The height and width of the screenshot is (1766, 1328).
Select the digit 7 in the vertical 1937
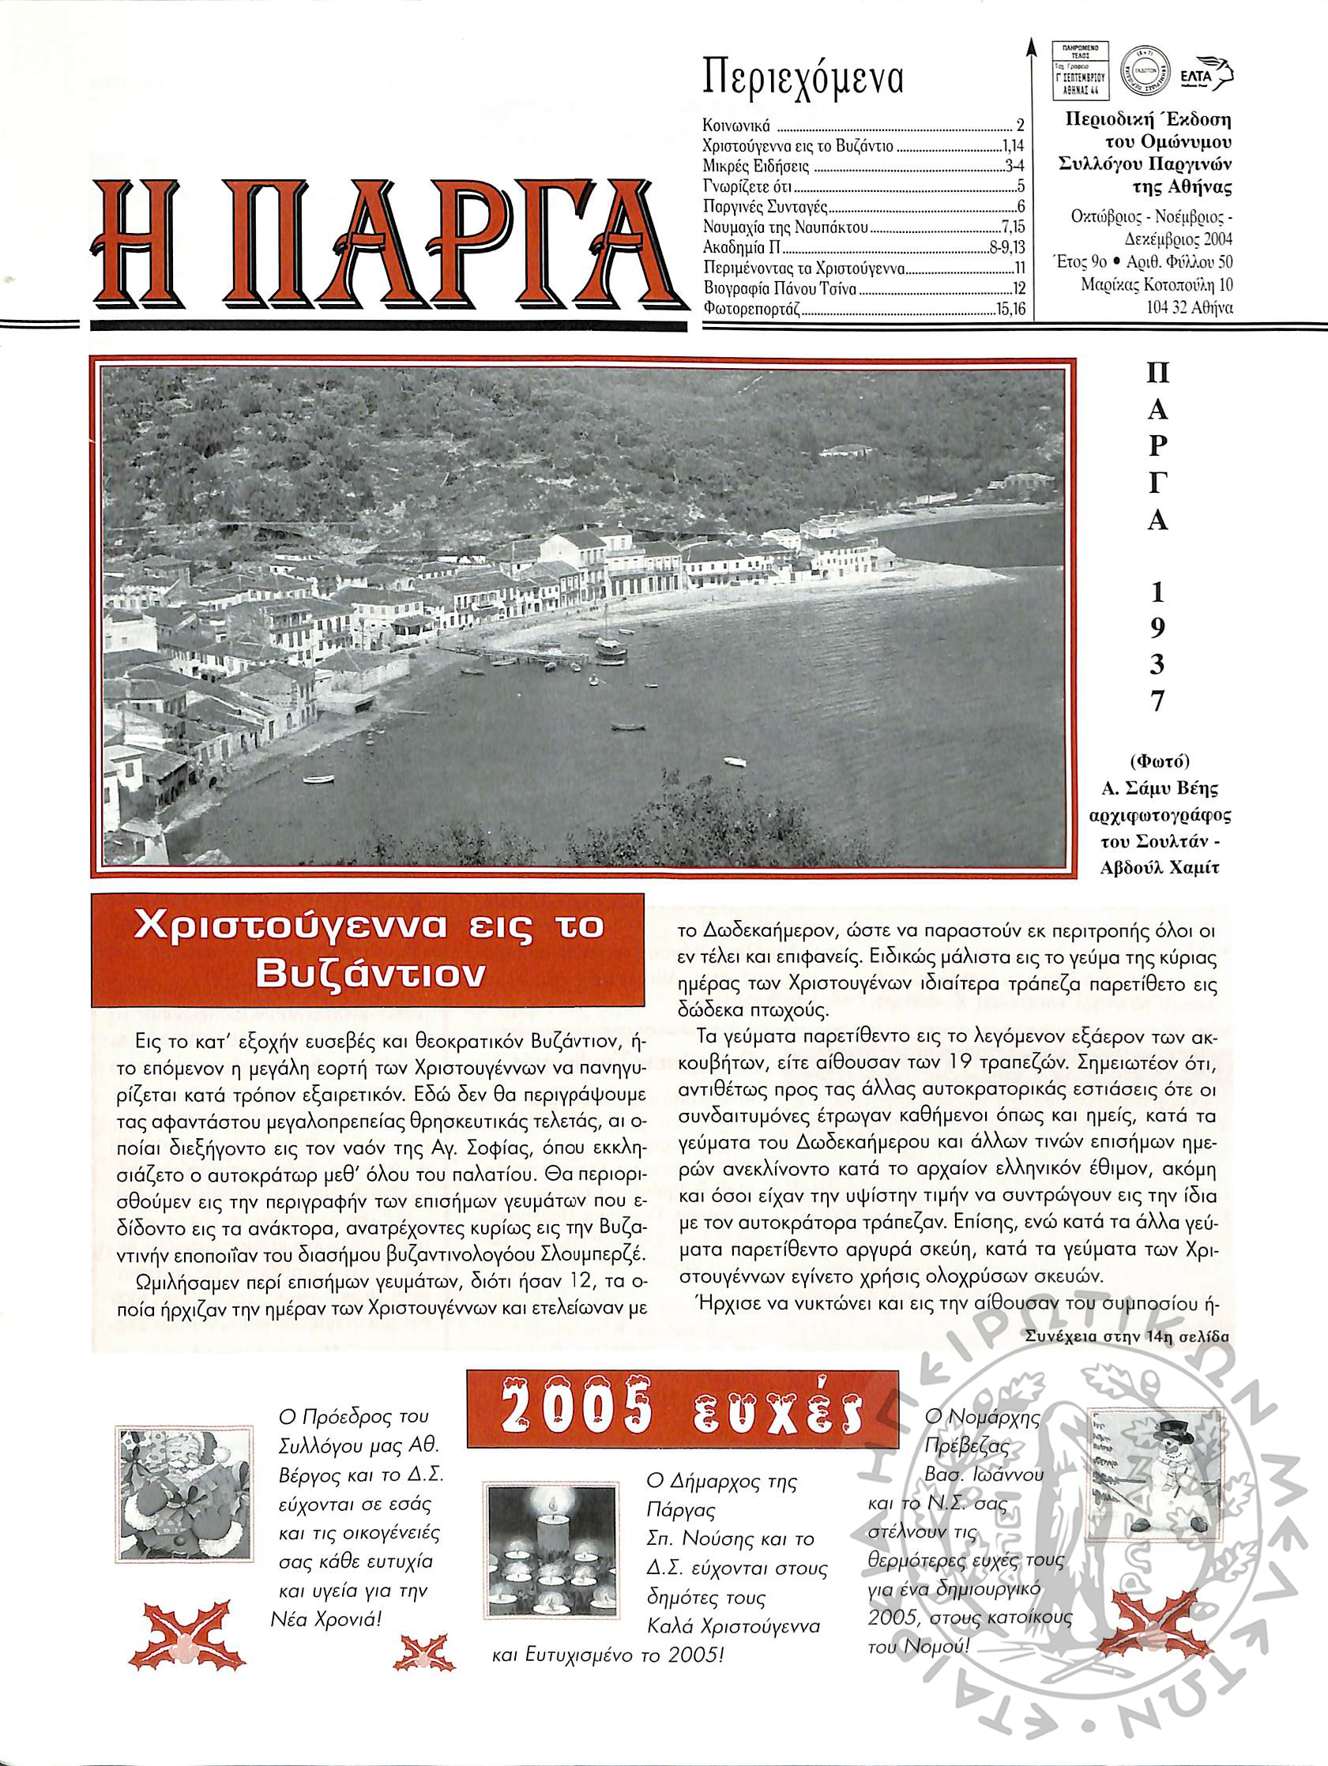click(1157, 701)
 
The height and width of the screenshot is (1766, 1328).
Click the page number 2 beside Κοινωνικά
click(1020, 126)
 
